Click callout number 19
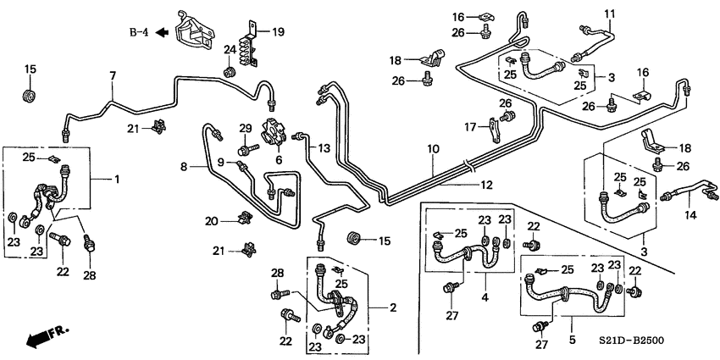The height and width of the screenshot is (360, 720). (x=278, y=31)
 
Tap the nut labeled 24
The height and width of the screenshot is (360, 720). (x=229, y=72)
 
